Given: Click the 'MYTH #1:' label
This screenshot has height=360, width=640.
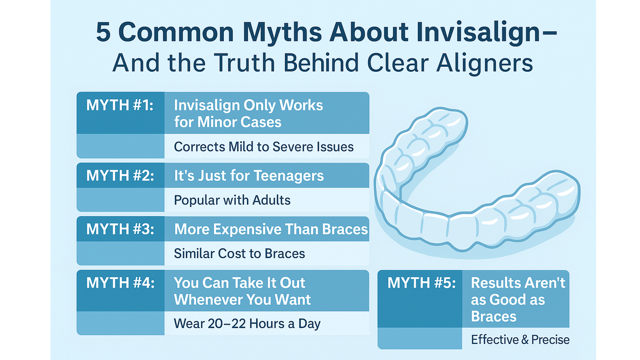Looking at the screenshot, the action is tap(120, 105).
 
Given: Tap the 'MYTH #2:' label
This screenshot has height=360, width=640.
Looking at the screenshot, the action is tap(120, 175).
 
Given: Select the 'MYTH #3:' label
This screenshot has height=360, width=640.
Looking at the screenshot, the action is tap(120, 229).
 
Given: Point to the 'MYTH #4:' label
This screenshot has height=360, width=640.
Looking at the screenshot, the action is tap(120, 283).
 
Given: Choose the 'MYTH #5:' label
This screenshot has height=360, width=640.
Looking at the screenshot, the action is tap(421, 283).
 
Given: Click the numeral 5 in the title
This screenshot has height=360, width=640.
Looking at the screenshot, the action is tap(104, 32).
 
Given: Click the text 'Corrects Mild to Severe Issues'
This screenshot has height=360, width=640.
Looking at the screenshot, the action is tap(264, 147).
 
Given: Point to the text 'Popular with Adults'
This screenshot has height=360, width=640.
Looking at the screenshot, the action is tap(232, 200).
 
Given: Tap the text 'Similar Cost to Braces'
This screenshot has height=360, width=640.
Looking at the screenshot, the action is tap(239, 253).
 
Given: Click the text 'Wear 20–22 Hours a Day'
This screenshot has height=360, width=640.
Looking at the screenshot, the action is tap(247, 324).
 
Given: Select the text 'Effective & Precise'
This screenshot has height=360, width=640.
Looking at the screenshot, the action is tap(520, 340).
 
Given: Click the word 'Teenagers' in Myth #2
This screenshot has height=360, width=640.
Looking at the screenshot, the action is tap(289, 176).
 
